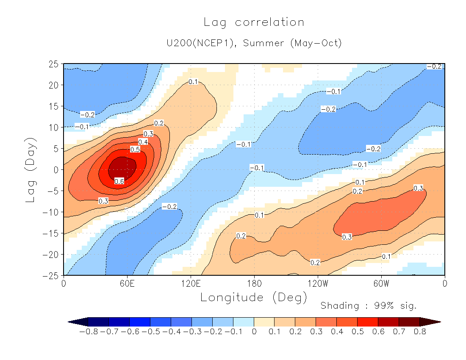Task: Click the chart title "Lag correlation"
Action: coord(254,22)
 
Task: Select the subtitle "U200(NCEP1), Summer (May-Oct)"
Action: coord(254,43)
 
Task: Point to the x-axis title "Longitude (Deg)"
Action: coord(254,297)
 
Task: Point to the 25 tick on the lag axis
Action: coord(53,64)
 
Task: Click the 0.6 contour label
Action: coord(119,181)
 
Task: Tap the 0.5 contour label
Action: coord(135,150)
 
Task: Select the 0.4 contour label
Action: coord(143,142)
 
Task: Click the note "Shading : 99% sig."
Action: coord(369,305)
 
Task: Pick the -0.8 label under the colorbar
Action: coord(89,332)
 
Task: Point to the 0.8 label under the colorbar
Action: coord(420,332)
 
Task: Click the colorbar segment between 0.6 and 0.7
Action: coord(388,322)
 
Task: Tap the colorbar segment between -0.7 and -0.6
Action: coord(119,322)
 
